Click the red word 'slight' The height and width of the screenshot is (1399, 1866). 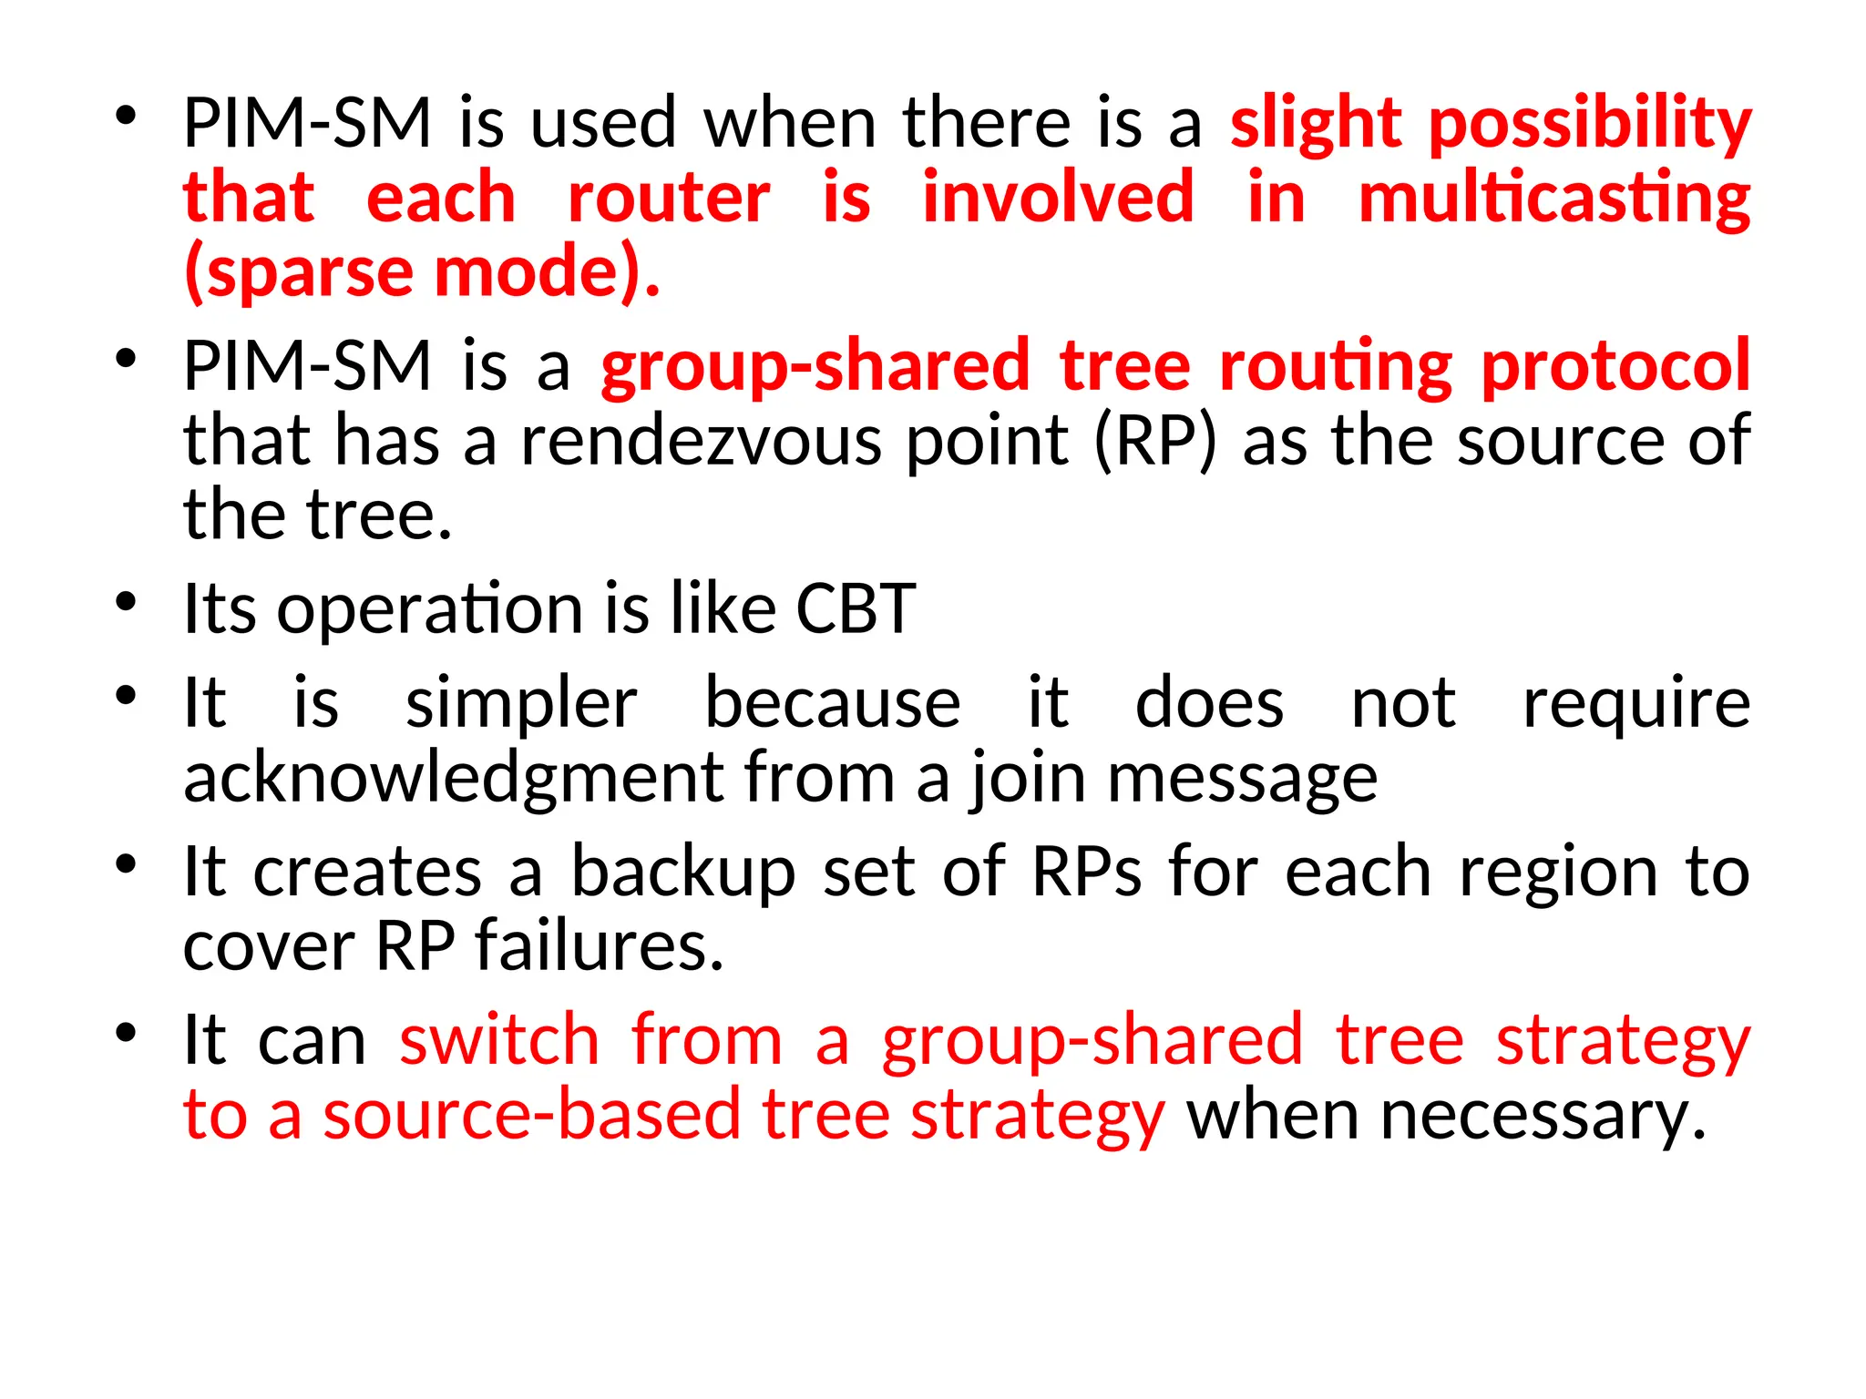tap(1315, 123)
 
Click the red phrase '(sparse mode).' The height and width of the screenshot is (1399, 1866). tap(421, 272)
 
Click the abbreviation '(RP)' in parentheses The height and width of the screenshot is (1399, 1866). tap(1154, 441)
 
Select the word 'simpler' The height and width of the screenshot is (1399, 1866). tap(521, 704)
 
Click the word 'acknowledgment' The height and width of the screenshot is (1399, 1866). tap(453, 779)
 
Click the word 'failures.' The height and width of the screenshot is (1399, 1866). tap(600, 946)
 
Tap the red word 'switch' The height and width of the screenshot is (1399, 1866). tap(499, 1040)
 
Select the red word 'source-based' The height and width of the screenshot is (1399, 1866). tap(532, 1115)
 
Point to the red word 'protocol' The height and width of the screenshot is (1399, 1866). tap(1615, 366)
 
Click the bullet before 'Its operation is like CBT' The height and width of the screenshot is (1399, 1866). tap(126, 603)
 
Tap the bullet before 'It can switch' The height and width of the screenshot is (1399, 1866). tap(126, 1034)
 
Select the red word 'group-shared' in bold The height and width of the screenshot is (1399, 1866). tap(815, 366)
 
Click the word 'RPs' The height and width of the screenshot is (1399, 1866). tap(1086, 873)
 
